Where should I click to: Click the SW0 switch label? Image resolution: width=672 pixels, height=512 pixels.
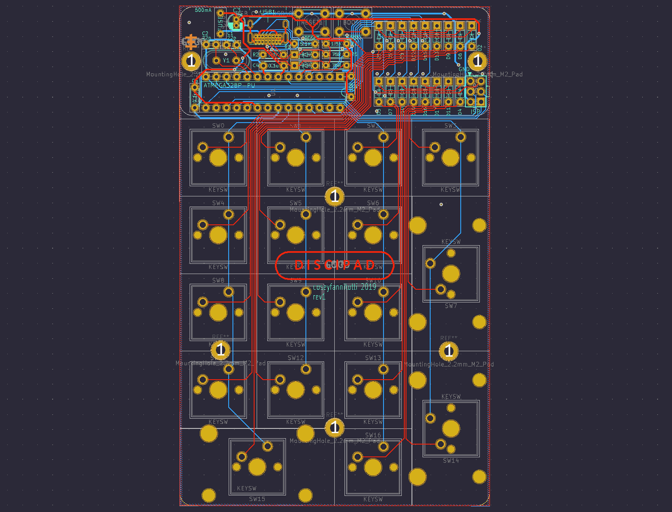pyautogui.click(x=218, y=126)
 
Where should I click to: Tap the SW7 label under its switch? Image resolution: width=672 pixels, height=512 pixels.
pyautogui.click(x=451, y=306)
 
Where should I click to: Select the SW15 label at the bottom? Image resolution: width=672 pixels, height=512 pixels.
pyautogui.click(x=257, y=499)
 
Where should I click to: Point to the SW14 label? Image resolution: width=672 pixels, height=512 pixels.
pyautogui.click(x=451, y=461)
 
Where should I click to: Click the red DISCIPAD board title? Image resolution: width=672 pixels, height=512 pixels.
pyautogui.click(x=335, y=266)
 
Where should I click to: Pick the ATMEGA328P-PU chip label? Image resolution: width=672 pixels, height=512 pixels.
pyautogui.click(x=229, y=85)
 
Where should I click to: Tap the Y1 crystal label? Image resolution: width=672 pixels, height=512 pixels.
pyautogui.click(x=226, y=61)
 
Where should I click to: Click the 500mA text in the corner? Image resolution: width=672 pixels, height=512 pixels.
pyautogui.click(x=203, y=10)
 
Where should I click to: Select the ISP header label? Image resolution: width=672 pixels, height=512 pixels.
pyautogui.click(x=476, y=112)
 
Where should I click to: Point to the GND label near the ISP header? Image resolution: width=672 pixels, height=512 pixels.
pyautogui.click(x=464, y=69)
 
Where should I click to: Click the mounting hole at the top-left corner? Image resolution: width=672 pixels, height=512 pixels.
pyautogui.click(x=191, y=61)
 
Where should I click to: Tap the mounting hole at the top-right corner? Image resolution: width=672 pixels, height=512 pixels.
pyautogui.click(x=478, y=61)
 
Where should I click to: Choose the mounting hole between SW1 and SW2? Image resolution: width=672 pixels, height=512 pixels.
pyautogui.click(x=335, y=196)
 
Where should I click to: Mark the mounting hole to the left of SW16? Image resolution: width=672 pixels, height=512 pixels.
pyautogui.click(x=335, y=427)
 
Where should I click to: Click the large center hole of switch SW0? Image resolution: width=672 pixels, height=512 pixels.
pyautogui.click(x=218, y=158)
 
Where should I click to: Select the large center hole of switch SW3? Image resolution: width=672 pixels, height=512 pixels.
pyautogui.click(x=451, y=158)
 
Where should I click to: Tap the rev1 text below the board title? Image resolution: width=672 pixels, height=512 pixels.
pyautogui.click(x=319, y=297)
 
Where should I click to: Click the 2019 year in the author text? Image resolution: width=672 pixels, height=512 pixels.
pyautogui.click(x=368, y=287)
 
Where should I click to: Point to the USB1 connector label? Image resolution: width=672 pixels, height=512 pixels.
pyautogui.click(x=268, y=12)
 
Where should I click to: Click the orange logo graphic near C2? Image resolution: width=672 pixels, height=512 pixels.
pyautogui.click(x=191, y=42)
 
